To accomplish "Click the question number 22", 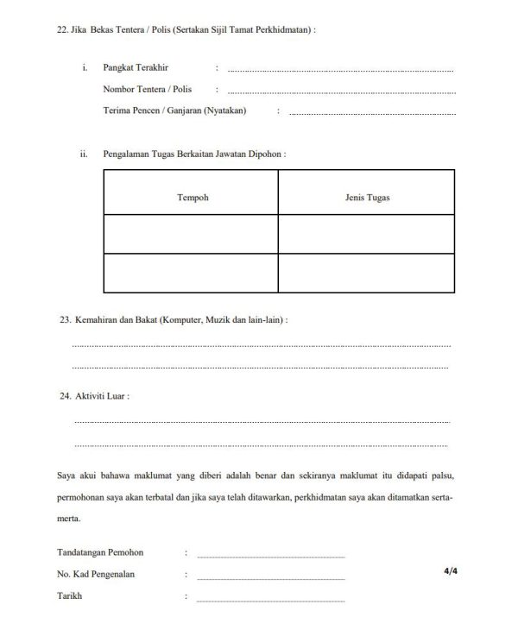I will (x=60, y=28).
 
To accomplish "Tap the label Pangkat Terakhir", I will (x=132, y=66).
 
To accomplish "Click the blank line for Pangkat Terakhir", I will (x=340, y=70).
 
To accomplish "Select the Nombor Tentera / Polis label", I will (x=147, y=89).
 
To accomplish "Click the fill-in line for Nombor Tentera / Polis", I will (x=340, y=91).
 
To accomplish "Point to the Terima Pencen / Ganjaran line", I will (x=371, y=113).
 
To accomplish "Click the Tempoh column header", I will (x=192, y=198).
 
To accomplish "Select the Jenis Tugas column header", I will (x=366, y=198).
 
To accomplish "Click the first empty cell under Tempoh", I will (x=192, y=234).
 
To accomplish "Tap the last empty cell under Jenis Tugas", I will (x=366, y=273).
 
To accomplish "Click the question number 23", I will (x=64, y=319).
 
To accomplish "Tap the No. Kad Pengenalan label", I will (x=95, y=574).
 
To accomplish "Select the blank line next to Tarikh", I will (x=270, y=600).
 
